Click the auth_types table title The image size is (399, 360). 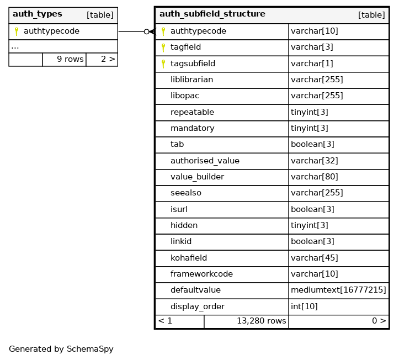point(38,14)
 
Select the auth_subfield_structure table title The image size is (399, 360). point(212,14)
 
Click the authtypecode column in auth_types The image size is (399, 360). point(51,31)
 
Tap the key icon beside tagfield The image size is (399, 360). point(163,47)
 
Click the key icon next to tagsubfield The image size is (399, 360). point(163,64)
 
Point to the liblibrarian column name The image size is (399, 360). point(191,80)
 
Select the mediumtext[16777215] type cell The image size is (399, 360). point(338,290)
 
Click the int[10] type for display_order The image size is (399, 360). point(302,306)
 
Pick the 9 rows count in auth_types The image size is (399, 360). point(70,59)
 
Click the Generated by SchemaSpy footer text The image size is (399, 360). point(61,350)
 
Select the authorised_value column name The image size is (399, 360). point(205,161)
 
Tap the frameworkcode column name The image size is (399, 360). point(201,274)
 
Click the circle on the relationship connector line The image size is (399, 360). point(146,32)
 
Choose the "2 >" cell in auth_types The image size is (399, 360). point(108,59)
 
